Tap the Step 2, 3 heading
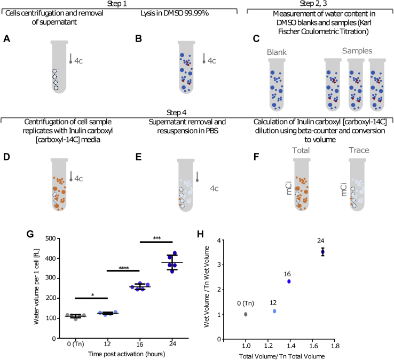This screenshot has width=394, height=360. [x=319, y=3]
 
